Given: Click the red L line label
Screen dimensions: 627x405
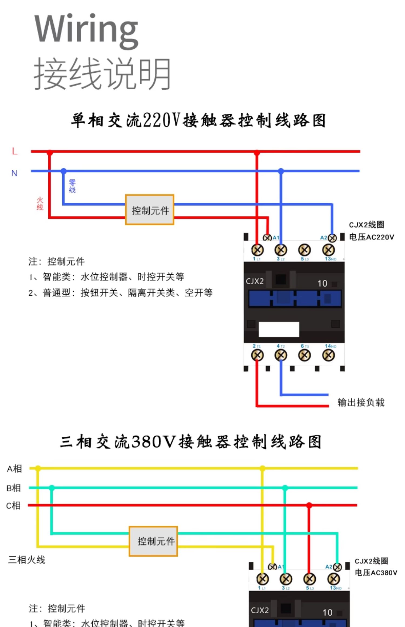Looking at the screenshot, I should (x=15, y=151).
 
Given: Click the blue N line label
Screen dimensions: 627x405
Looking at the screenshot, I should (x=14, y=173).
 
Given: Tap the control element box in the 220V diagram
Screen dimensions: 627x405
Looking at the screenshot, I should (x=150, y=210).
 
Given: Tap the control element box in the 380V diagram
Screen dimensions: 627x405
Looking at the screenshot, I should (x=153, y=541).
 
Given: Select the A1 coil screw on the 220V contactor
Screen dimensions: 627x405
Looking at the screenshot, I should (x=267, y=238).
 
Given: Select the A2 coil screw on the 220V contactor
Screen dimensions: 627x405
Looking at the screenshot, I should (x=332, y=238).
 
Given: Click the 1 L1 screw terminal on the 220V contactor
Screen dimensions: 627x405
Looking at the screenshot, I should (x=257, y=250).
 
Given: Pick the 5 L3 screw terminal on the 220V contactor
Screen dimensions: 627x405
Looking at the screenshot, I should (x=304, y=250).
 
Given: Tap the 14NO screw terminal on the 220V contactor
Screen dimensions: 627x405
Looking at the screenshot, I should (x=329, y=355).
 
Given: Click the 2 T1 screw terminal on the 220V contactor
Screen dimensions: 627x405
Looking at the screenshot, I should (x=257, y=355).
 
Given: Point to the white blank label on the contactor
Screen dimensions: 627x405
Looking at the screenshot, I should (x=279, y=329).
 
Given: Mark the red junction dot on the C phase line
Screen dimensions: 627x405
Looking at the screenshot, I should (x=309, y=505).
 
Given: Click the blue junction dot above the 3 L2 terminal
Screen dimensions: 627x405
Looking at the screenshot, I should (x=281, y=171).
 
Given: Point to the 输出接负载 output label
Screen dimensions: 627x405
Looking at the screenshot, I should (x=361, y=402).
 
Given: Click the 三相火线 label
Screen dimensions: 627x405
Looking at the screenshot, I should (x=27, y=560).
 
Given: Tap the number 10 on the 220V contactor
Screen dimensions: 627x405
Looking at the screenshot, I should (x=322, y=283).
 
